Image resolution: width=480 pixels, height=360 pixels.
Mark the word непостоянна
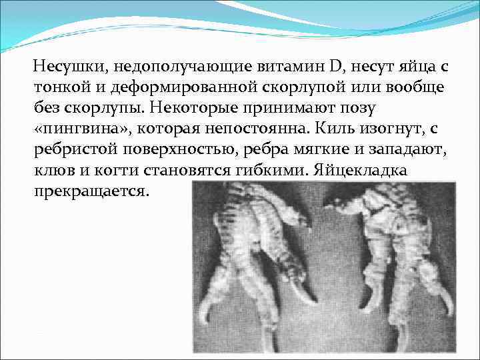(253, 129)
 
